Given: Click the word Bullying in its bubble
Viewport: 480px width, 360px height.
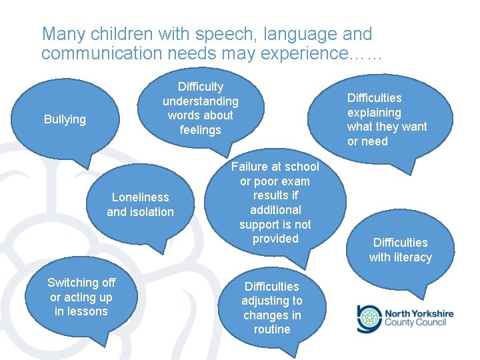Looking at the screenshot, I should tap(65, 119).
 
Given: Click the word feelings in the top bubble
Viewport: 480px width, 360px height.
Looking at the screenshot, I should tap(200, 130).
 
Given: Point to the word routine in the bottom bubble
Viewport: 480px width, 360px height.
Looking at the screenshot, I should tap(272, 329).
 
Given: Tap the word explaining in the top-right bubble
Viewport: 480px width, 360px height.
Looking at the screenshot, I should tap(374, 113).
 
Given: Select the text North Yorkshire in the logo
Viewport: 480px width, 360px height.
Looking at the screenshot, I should tap(419, 313).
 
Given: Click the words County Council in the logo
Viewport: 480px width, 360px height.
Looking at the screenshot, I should tap(419, 323).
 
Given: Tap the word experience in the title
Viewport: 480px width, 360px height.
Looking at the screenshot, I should tap(303, 53).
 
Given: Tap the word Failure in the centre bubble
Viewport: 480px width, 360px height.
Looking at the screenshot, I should tap(249, 167).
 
